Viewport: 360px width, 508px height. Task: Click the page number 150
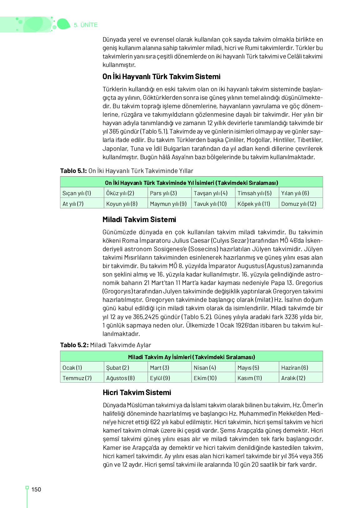tap(36, 490)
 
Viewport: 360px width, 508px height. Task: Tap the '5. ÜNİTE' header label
tap(86, 25)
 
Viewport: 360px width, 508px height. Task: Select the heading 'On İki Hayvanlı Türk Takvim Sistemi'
tap(161, 77)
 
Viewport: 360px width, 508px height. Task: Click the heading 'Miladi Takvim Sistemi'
tap(139, 220)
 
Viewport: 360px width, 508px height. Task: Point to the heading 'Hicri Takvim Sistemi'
tap(137, 393)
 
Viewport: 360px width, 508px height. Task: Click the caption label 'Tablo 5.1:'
tap(73, 171)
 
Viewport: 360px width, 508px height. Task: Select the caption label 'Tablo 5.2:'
tap(74, 345)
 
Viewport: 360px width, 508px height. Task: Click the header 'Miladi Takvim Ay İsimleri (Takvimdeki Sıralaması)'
tap(191, 357)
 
